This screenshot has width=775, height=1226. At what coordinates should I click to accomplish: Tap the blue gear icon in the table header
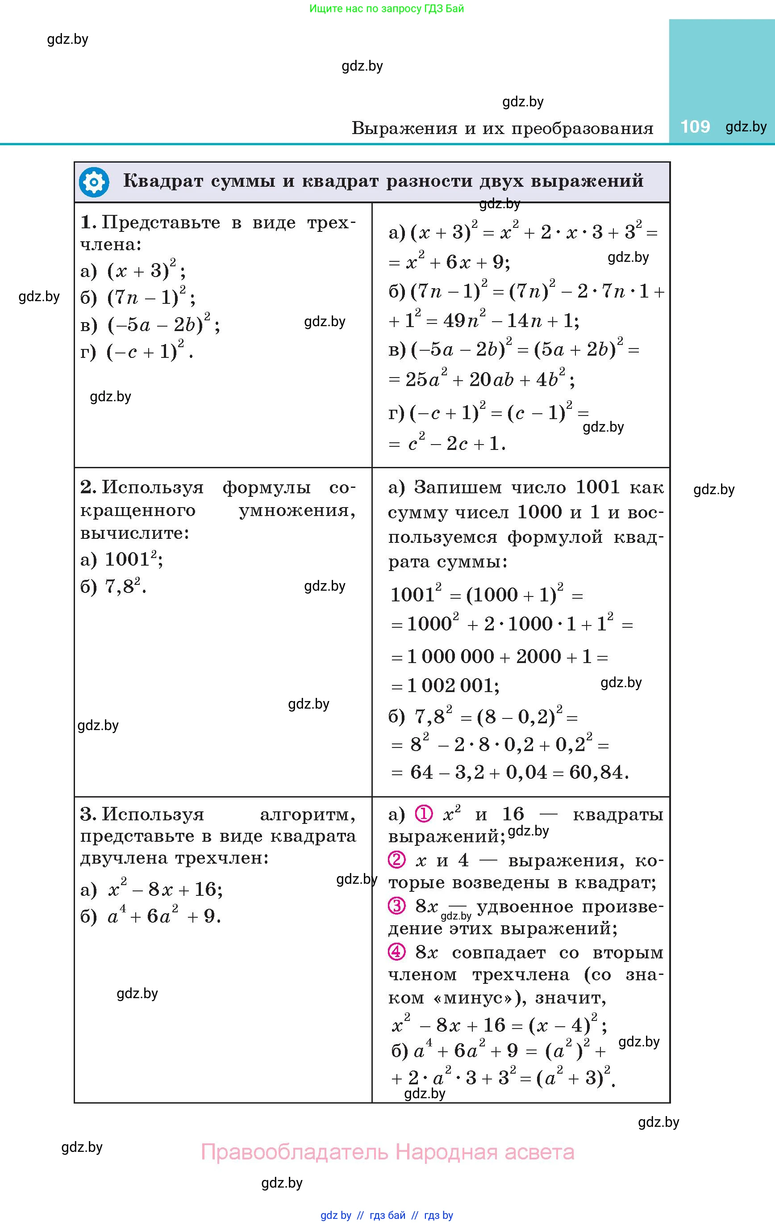pyautogui.click(x=94, y=182)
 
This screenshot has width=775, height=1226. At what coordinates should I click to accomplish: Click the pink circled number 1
pyautogui.click(x=424, y=814)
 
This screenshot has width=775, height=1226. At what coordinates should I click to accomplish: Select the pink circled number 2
pyautogui.click(x=396, y=860)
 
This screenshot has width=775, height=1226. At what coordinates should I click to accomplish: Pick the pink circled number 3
pyautogui.click(x=396, y=906)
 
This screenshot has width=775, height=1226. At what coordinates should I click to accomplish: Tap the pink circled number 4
pyautogui.click(x=396, y=952)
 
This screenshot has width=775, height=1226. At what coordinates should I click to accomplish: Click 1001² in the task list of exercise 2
pyautogui.click(x=130, y=559)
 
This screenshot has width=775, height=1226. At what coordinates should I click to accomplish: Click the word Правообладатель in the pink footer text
pyautogui.click(x=295, y=1152)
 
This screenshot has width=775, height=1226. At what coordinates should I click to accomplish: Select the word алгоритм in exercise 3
pyautogui.click(x=307, y=815)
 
